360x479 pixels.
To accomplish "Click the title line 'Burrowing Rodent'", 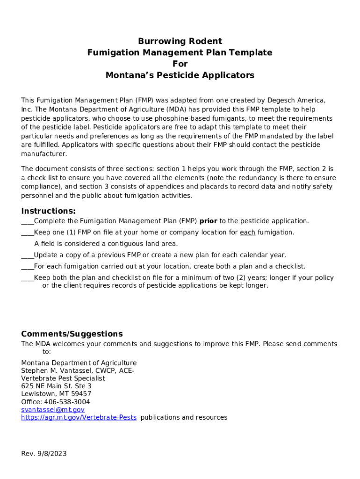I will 180,41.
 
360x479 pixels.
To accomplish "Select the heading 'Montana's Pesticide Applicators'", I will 180,75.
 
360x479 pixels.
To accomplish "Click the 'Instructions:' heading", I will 48,211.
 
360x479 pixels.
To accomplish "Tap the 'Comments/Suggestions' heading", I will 72,334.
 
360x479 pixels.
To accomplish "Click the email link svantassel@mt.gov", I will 53,410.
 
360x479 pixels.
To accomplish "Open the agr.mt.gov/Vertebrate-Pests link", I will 79,417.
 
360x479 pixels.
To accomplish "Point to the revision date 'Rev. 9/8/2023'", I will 44,454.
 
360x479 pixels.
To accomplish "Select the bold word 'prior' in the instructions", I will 209,221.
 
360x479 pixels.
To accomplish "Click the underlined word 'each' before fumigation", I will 247,232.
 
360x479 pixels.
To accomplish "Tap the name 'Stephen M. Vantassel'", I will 55,371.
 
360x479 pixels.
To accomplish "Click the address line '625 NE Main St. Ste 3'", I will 56,386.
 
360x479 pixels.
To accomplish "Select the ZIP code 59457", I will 80,394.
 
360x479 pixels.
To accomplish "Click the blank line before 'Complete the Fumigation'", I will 27,222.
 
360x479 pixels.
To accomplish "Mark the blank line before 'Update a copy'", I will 27,256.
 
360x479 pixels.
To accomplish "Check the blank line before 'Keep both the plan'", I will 27,278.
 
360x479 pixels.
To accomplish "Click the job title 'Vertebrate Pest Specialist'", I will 63,378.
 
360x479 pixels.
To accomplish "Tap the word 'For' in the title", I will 180,64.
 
